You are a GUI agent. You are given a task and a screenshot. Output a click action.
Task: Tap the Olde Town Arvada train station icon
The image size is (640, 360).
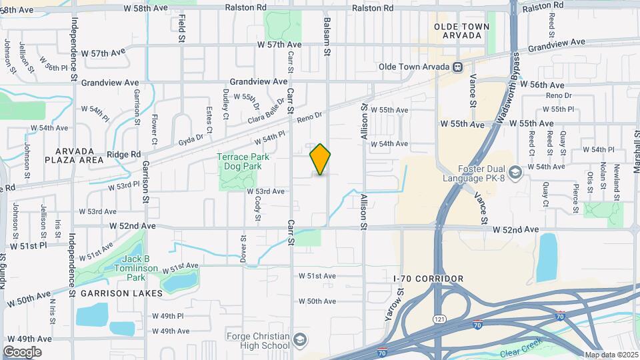click(458, 67)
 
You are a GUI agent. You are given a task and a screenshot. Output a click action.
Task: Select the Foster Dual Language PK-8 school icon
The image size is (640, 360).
click(515, 173)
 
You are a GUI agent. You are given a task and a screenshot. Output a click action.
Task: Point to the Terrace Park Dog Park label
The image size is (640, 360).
click(237, 162)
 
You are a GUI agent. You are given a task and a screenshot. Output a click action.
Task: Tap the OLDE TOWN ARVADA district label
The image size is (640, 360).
click(461, 31)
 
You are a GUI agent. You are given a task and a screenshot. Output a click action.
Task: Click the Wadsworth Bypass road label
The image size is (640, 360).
click(509, 89)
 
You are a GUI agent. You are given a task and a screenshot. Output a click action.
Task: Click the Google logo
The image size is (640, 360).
click(22, 351)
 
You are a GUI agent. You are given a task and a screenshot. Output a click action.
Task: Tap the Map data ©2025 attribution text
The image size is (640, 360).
click(611, 355)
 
